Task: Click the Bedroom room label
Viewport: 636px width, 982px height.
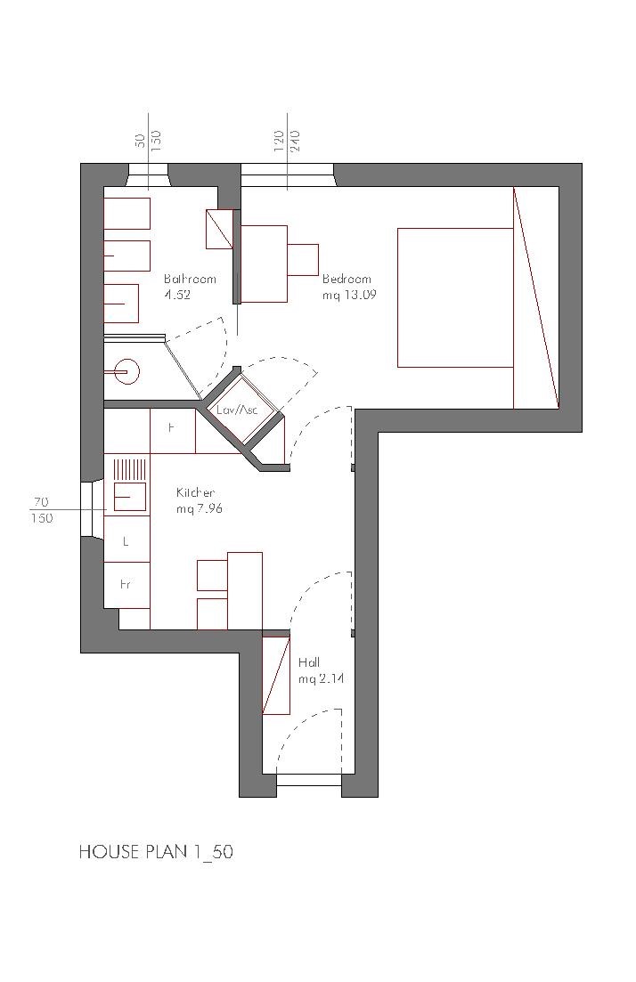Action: pos(347,280)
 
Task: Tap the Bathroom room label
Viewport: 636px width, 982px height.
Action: pos(190,280)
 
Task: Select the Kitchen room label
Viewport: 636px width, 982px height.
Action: pos(195,493)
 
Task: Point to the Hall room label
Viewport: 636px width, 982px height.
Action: pos(309,662)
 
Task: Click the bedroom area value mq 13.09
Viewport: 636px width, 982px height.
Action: pos(349,295)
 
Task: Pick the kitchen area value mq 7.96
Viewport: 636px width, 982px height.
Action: pos(200,508)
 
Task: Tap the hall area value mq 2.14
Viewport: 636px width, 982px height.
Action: pos(321,679)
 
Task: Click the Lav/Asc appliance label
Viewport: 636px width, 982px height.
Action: pos(238,410)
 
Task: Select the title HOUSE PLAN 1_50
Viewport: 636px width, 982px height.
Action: pos(156,852)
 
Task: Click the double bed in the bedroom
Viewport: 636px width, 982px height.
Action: pos(455,297)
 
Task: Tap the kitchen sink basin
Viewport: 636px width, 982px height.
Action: pos(130,497)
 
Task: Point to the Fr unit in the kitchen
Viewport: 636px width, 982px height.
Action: pos(126,585)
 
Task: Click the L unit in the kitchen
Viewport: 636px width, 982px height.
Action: pos(126,540)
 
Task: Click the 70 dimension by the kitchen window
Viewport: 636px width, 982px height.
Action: pos(41,501)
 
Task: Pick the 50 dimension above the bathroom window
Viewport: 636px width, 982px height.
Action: pos(141,139)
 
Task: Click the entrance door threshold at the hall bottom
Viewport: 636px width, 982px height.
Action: pos(309,780)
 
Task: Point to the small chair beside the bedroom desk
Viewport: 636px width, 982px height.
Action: pos(303,259)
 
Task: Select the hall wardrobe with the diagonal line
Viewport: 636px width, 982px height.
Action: pos(276,675)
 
